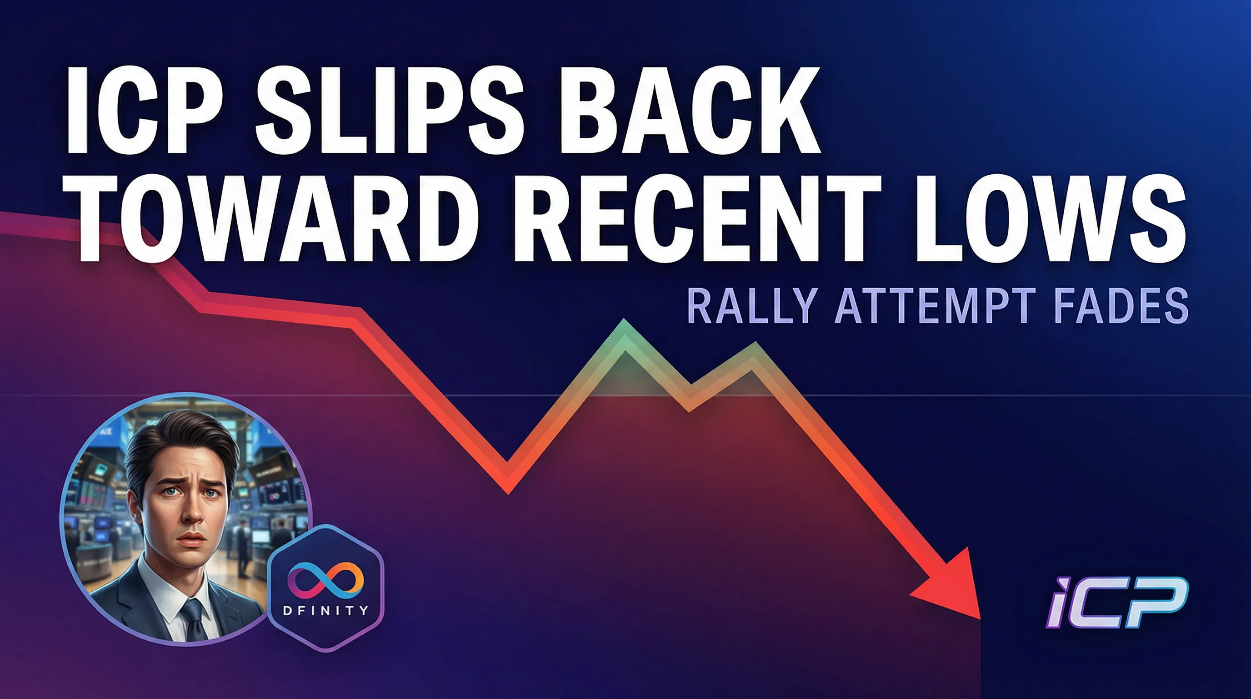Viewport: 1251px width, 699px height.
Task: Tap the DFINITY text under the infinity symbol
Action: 326,610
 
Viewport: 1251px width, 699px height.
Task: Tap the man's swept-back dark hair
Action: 175,437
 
